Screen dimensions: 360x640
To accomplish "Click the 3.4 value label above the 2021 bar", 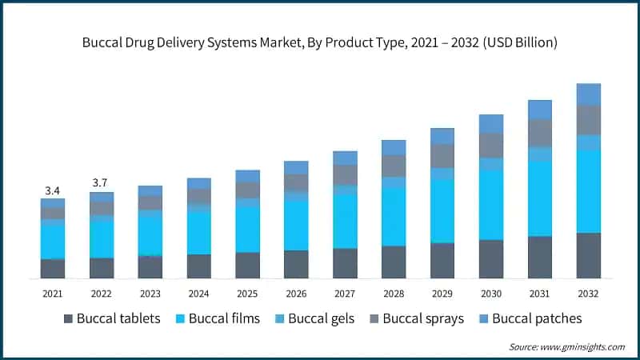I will [53, 190].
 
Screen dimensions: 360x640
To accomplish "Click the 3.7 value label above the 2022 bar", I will [101, 183].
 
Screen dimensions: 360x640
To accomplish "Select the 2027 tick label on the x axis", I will [345, 293].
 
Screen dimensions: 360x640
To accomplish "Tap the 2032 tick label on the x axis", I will [588, 293].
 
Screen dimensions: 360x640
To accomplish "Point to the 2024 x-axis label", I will [198, 293].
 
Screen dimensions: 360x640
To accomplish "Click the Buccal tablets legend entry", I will [112, 318].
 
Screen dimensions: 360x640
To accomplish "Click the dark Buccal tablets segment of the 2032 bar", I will [589, 255].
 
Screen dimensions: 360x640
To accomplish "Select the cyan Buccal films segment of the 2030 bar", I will [491, 205].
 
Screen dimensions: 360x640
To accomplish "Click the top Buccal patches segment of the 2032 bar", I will [589, 94].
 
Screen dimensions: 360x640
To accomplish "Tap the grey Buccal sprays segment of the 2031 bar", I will [540, 133].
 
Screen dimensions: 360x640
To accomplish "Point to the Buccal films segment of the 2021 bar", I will [53, 242].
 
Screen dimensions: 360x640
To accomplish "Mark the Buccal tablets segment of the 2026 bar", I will [296, 264].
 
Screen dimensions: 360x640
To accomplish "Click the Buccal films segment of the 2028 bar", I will [394, 217].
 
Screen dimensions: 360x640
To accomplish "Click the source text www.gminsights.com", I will [582, 346].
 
